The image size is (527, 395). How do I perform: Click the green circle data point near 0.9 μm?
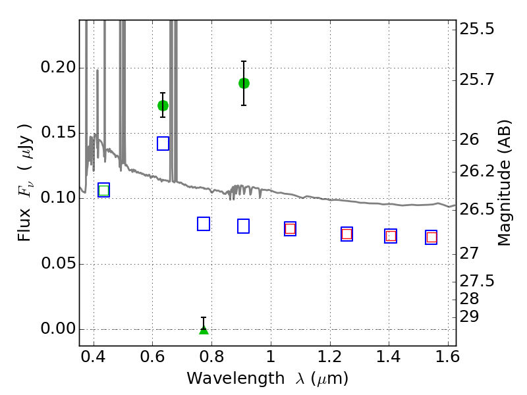click(244, 84)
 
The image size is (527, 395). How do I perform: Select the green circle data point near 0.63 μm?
click(163, 106)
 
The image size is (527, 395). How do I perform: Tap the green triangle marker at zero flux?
click(204, 330)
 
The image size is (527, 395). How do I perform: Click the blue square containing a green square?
click(103, 190)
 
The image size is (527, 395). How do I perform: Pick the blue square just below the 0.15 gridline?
click(163, 144)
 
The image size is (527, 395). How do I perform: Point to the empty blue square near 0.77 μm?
click(204, 224)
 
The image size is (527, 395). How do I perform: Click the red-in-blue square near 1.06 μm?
click(290, 228)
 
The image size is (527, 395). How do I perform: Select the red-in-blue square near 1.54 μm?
click(431, 238)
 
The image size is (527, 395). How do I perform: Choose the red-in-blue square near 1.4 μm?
click(391, 236)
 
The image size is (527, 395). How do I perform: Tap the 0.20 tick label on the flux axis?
click(58, 67)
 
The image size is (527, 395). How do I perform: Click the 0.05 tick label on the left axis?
click(58, 263)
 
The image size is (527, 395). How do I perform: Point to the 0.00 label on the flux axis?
click(58, 329)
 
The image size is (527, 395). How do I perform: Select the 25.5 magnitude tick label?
click(477, 29)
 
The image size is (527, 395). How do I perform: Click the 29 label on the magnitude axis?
click(469, 317)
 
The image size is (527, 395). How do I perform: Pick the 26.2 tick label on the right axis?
click(477, 172)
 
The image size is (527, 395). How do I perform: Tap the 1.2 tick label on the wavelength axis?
click(330, 357)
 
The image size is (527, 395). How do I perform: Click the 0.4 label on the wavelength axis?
click(94, 357)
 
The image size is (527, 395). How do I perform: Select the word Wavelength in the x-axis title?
click(236, 379)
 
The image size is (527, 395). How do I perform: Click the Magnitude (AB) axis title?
click(503, 183)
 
